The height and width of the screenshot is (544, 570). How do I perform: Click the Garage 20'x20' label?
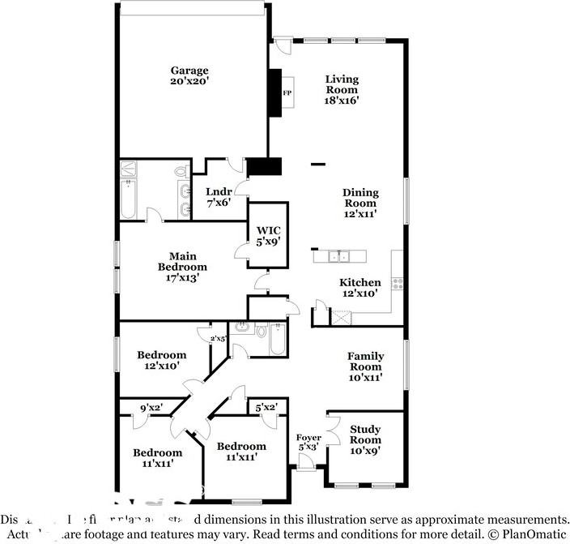click(189, 76)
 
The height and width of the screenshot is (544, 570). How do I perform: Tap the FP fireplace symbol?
click(287, 93)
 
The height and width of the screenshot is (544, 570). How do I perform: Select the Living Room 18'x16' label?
click(342, 89)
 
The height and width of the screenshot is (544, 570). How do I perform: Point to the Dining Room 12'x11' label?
click(359, 198)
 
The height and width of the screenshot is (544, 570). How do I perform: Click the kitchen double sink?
click(339, 257)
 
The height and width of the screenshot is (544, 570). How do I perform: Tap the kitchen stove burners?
click(398, 283)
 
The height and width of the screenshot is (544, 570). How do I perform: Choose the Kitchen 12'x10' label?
click(358, 288)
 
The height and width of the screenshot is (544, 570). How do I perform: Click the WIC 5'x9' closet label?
click(268, 235)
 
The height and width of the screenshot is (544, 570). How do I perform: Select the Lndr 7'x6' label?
click(219, 197)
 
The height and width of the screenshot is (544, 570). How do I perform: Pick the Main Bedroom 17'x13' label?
click(182, 267)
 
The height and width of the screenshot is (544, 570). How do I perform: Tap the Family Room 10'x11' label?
click(365, 366)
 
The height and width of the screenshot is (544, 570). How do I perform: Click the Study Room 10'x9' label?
click(365, 439)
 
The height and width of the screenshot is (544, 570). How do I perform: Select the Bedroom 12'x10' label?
click(161, 360)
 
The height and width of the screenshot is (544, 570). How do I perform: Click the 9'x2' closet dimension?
click(151, 407)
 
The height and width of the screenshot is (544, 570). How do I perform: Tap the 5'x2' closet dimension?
click(266, 407)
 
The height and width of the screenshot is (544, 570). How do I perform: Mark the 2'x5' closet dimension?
click(218, 338)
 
